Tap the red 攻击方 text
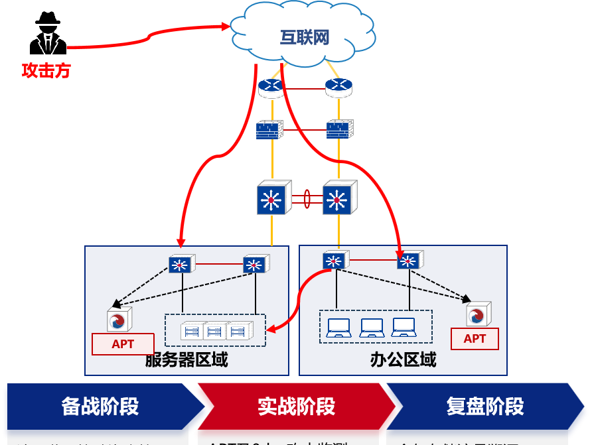[46, 71]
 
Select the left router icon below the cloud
[270, 87]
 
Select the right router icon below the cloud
[338, 87]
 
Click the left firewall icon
[270, 129]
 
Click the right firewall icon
[338, 129]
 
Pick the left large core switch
[271, 198]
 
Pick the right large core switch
[339, 198]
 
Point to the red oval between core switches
[307, 198]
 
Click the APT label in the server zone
[123, 344]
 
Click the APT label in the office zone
[475, 339]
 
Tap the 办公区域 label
[403, 360]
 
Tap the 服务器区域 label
[186, 360]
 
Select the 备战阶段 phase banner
[100, 406]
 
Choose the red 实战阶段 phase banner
[296, 406]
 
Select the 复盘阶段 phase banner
[485, 406]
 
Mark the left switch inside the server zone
[180, 265]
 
